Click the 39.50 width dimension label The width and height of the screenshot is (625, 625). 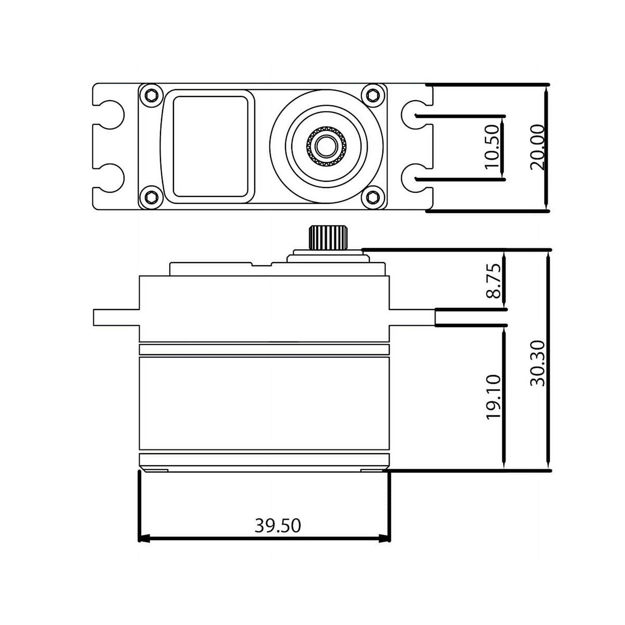click(x=277, y=525)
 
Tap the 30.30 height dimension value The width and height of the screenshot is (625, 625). click(x=537, y=363)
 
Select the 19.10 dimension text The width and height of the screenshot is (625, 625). click(x=493, y=397)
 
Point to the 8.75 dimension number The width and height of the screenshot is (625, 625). click(x=493, y=280)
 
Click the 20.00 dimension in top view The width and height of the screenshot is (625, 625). click(x=537, y=147)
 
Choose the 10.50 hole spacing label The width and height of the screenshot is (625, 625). click(x=492, y=147)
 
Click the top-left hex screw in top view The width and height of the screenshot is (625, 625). click(x=151, y=95)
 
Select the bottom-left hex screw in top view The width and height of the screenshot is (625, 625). click(x=151, y=197)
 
